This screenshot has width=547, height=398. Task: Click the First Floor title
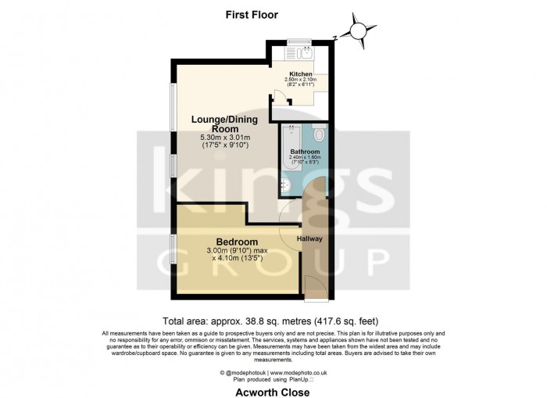(x=251, y=15)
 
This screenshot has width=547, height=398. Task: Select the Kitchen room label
(x=300, y=75)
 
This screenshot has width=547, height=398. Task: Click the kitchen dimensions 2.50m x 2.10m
(x=300, y=81)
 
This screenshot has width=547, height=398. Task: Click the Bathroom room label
(x=305, y=151)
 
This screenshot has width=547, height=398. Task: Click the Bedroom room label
(x=232, y=242)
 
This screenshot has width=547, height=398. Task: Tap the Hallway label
(x=309, y=238)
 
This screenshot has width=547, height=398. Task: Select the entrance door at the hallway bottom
(x=315, y=287)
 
